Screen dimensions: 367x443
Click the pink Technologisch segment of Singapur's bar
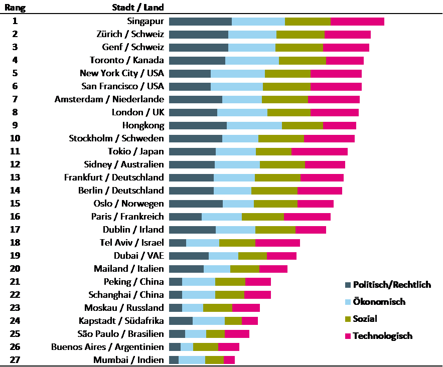pyautogui.click(x=357, y=22)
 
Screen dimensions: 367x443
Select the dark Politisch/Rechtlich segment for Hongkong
pyautogui.click(x=198, y=125)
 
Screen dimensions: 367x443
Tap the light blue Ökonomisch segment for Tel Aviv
pyautogui.click(x=203, y=243)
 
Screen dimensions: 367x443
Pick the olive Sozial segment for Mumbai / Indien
pyautogui.click(x=214, y=360)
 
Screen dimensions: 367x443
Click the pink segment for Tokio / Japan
pyautogui.click(x=319, y=151)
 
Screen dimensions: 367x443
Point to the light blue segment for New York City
pyautogui.click(x=238, y=73)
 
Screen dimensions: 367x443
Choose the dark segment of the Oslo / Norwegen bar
pyautogui.click(x=196, y=204)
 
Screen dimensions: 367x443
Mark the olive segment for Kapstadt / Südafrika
pyautogui.click(x=233, y=321)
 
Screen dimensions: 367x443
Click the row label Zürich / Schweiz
pyautogui.click(x=130, y=34)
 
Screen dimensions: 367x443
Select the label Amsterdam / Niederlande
pyautogui.click(x=109, y=99)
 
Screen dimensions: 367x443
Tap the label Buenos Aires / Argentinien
pyautogui.click(x=107, y=347)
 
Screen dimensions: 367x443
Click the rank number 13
pyautogui.click(x=15, y=177)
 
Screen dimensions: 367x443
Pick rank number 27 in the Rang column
pyautogui.click(x=15, y=360)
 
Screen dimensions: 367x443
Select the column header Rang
pyautogui.click(x=15, y=7)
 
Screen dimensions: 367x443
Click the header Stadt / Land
pyautogui.click(x=138, y=7)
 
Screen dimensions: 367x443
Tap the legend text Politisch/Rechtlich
pyautogui.click(x=392, y=285)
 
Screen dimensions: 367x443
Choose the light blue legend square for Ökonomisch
pyautogui.click(x=348, y=302)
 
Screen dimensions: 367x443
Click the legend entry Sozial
pyautogui.click(x=365, y=319)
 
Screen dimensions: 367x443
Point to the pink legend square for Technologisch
pyautogui.click(x=348, y=336)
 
